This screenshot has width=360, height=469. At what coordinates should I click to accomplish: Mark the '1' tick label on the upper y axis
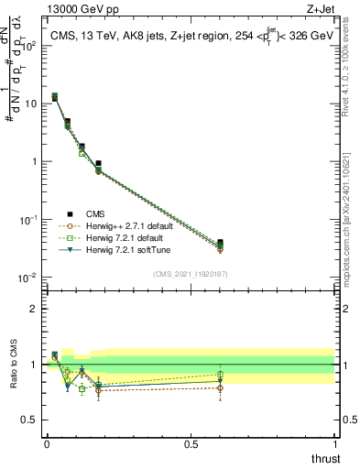pos(32,161)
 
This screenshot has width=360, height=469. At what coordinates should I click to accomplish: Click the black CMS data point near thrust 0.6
pos(220,243)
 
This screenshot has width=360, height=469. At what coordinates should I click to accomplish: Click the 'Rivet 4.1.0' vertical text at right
pos(350,69)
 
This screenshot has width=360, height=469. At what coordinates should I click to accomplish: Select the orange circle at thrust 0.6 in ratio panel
pos(220,387)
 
